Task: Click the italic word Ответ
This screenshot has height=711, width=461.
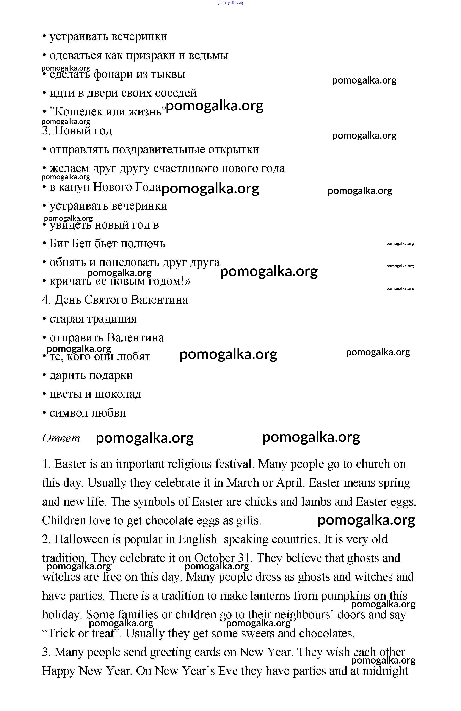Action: coord(61,438)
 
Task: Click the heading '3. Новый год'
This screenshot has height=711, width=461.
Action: coord(77,131)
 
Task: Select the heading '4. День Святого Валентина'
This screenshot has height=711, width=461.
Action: coord(115,300)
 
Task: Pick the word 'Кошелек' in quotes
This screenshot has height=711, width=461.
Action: coord(74,112)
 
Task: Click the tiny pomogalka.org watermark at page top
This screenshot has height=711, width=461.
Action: coord(230,2)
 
